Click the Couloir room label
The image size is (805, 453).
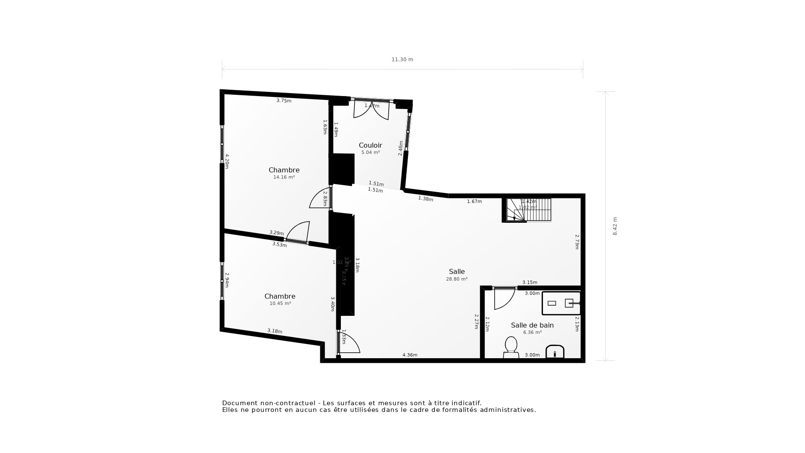click(370, 146)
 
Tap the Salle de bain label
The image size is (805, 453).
click(532, 325)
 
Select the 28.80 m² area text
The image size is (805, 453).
click(457, 279)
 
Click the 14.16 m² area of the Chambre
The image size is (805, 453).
click(284, 177)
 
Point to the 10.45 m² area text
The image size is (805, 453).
click(280, 304)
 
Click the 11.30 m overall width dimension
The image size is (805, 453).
click(402, 60)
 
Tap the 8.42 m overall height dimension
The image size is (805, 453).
click(615, 226)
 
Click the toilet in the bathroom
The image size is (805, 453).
click(511, 347)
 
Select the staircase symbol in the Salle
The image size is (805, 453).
click(529, 210)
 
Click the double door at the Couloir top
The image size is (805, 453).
click(371, 109)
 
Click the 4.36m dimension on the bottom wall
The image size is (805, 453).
click(410, 355)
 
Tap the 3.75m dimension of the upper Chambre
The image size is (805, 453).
click(283, 101)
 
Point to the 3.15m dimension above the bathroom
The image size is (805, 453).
click(530, 282)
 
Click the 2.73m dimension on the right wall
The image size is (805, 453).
click(577, 242)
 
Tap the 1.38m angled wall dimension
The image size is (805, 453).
click(425, 199)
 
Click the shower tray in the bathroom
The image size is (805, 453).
click(561, 303)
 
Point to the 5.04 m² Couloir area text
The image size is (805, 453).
click(370, 153)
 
